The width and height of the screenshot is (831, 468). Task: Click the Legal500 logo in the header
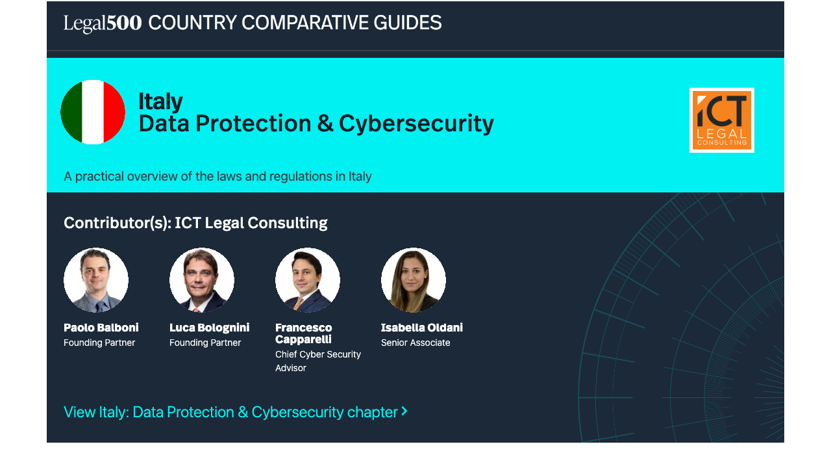click(103, 23)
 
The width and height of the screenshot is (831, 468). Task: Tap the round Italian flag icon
click(93, 112)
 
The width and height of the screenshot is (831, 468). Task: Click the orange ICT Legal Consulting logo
click(721, 120)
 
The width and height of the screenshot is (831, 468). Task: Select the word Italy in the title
click(160, 101)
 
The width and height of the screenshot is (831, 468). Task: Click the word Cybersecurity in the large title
click(416, 123)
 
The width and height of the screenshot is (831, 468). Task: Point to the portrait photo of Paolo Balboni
click(96, 280)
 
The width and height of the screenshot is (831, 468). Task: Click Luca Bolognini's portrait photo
click(202, 280)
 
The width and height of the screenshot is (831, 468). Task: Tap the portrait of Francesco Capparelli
click(308, 280)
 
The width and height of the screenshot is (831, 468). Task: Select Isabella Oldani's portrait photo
click(414, 280)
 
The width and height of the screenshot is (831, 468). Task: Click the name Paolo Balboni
click(101, 328)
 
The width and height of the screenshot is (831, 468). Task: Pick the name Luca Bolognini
click(209, 328)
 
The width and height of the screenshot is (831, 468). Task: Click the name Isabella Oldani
click(422, 328)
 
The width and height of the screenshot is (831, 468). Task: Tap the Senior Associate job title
click(415, 343)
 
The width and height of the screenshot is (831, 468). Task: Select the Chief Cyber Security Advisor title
click(317, 361)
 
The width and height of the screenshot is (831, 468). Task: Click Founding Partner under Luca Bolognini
click(205, 343)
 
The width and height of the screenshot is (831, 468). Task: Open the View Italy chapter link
click(230, 412)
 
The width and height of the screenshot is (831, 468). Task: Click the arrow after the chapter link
click(404, 411)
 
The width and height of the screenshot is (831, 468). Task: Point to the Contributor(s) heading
click(195, 223)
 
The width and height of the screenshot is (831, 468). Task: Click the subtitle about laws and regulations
click(217, 176)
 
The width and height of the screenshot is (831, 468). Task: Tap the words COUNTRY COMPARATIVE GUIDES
click(295, 23)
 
